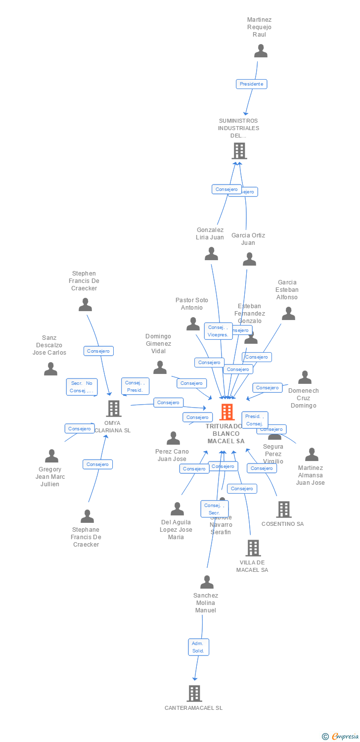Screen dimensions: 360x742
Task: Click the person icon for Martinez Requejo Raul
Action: tap(261, 51)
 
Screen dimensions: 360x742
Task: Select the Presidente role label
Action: tap(252, 84)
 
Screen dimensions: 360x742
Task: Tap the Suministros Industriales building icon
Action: tap(239, 151)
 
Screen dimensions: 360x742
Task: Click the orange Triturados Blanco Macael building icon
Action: tap(227, 412)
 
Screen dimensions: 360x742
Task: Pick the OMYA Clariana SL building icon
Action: tap(114, 409)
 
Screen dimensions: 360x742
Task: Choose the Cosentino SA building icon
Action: tap(283, 509)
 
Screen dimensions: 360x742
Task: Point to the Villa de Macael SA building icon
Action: tap(253, 548)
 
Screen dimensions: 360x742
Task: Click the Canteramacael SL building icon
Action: tap(194, 694)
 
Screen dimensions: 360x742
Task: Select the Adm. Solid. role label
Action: tap(198, 647)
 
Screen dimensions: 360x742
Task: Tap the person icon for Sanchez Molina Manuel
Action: tap(207, 582)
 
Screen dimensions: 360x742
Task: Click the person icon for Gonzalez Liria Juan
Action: tap(212, 254)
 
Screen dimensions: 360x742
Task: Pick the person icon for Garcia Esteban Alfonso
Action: tap(288, 314)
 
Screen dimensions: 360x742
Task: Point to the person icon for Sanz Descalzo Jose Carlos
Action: tap(50, 369)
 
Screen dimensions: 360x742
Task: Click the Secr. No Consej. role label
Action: tap(82, 387)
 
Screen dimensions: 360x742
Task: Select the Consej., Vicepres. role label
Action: tap(218, 331)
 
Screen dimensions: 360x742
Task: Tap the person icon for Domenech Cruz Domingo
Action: tap(305, 377)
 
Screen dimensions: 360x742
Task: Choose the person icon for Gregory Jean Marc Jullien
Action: tap(51, 456)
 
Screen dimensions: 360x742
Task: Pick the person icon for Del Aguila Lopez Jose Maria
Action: tap(177, 509)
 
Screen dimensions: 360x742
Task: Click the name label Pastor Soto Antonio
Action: tap(192, 304)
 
